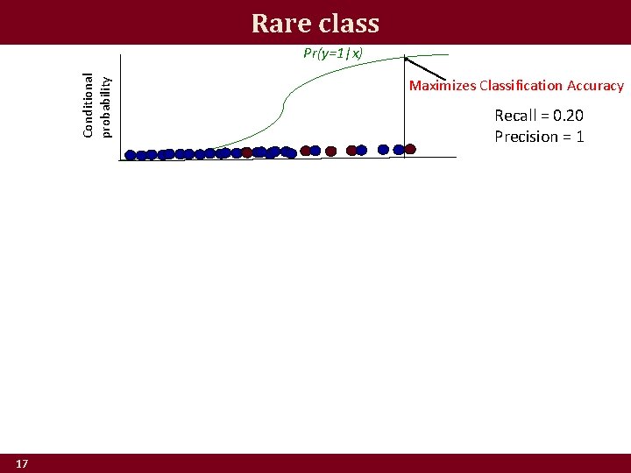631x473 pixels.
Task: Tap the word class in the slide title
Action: [344, 23]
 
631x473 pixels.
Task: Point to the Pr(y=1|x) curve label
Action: [333, 53]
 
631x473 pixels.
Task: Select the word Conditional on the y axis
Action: [89, 104]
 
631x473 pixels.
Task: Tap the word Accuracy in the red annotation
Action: [595, 86]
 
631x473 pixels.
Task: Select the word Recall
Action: [515, 116]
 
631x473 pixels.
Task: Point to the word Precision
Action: [526, 137]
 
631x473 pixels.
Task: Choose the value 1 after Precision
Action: [579, 137]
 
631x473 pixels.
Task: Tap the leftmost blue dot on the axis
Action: [131, 155]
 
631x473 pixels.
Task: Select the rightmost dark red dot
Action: [408, 149]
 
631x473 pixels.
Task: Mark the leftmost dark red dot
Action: [247, 152]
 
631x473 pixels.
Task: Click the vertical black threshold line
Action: [404, 105]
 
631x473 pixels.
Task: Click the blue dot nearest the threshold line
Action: [398, 150]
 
